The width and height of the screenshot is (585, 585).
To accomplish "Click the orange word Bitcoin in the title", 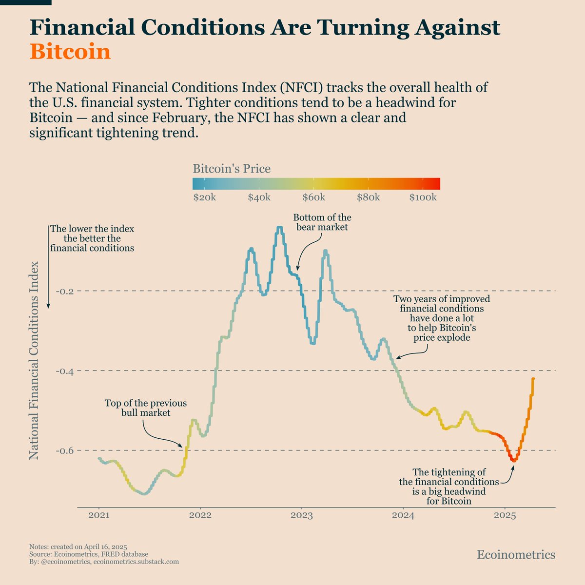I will click(x=70, y=52).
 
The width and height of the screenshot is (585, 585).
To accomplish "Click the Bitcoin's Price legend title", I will click(x=232, y=169).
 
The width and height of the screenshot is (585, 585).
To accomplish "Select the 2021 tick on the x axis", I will click(x=99, y=516).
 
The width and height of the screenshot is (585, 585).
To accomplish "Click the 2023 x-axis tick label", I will click(x=302, y=516).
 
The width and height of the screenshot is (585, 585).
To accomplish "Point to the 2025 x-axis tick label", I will click(x=505, y=516).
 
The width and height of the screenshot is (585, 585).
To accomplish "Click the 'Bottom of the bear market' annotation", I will click(x=322, y=222).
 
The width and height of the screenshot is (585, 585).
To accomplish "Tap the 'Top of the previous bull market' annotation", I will click(x=145, y=408).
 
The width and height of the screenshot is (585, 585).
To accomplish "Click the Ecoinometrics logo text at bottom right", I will click(x=516, y=555).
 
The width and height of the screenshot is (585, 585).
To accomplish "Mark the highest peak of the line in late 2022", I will click(x=279, y=228).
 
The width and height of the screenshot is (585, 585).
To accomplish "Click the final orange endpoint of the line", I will click(x=533, y=379).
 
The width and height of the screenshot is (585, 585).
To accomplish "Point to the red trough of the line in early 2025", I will click(x=513, y=460).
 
